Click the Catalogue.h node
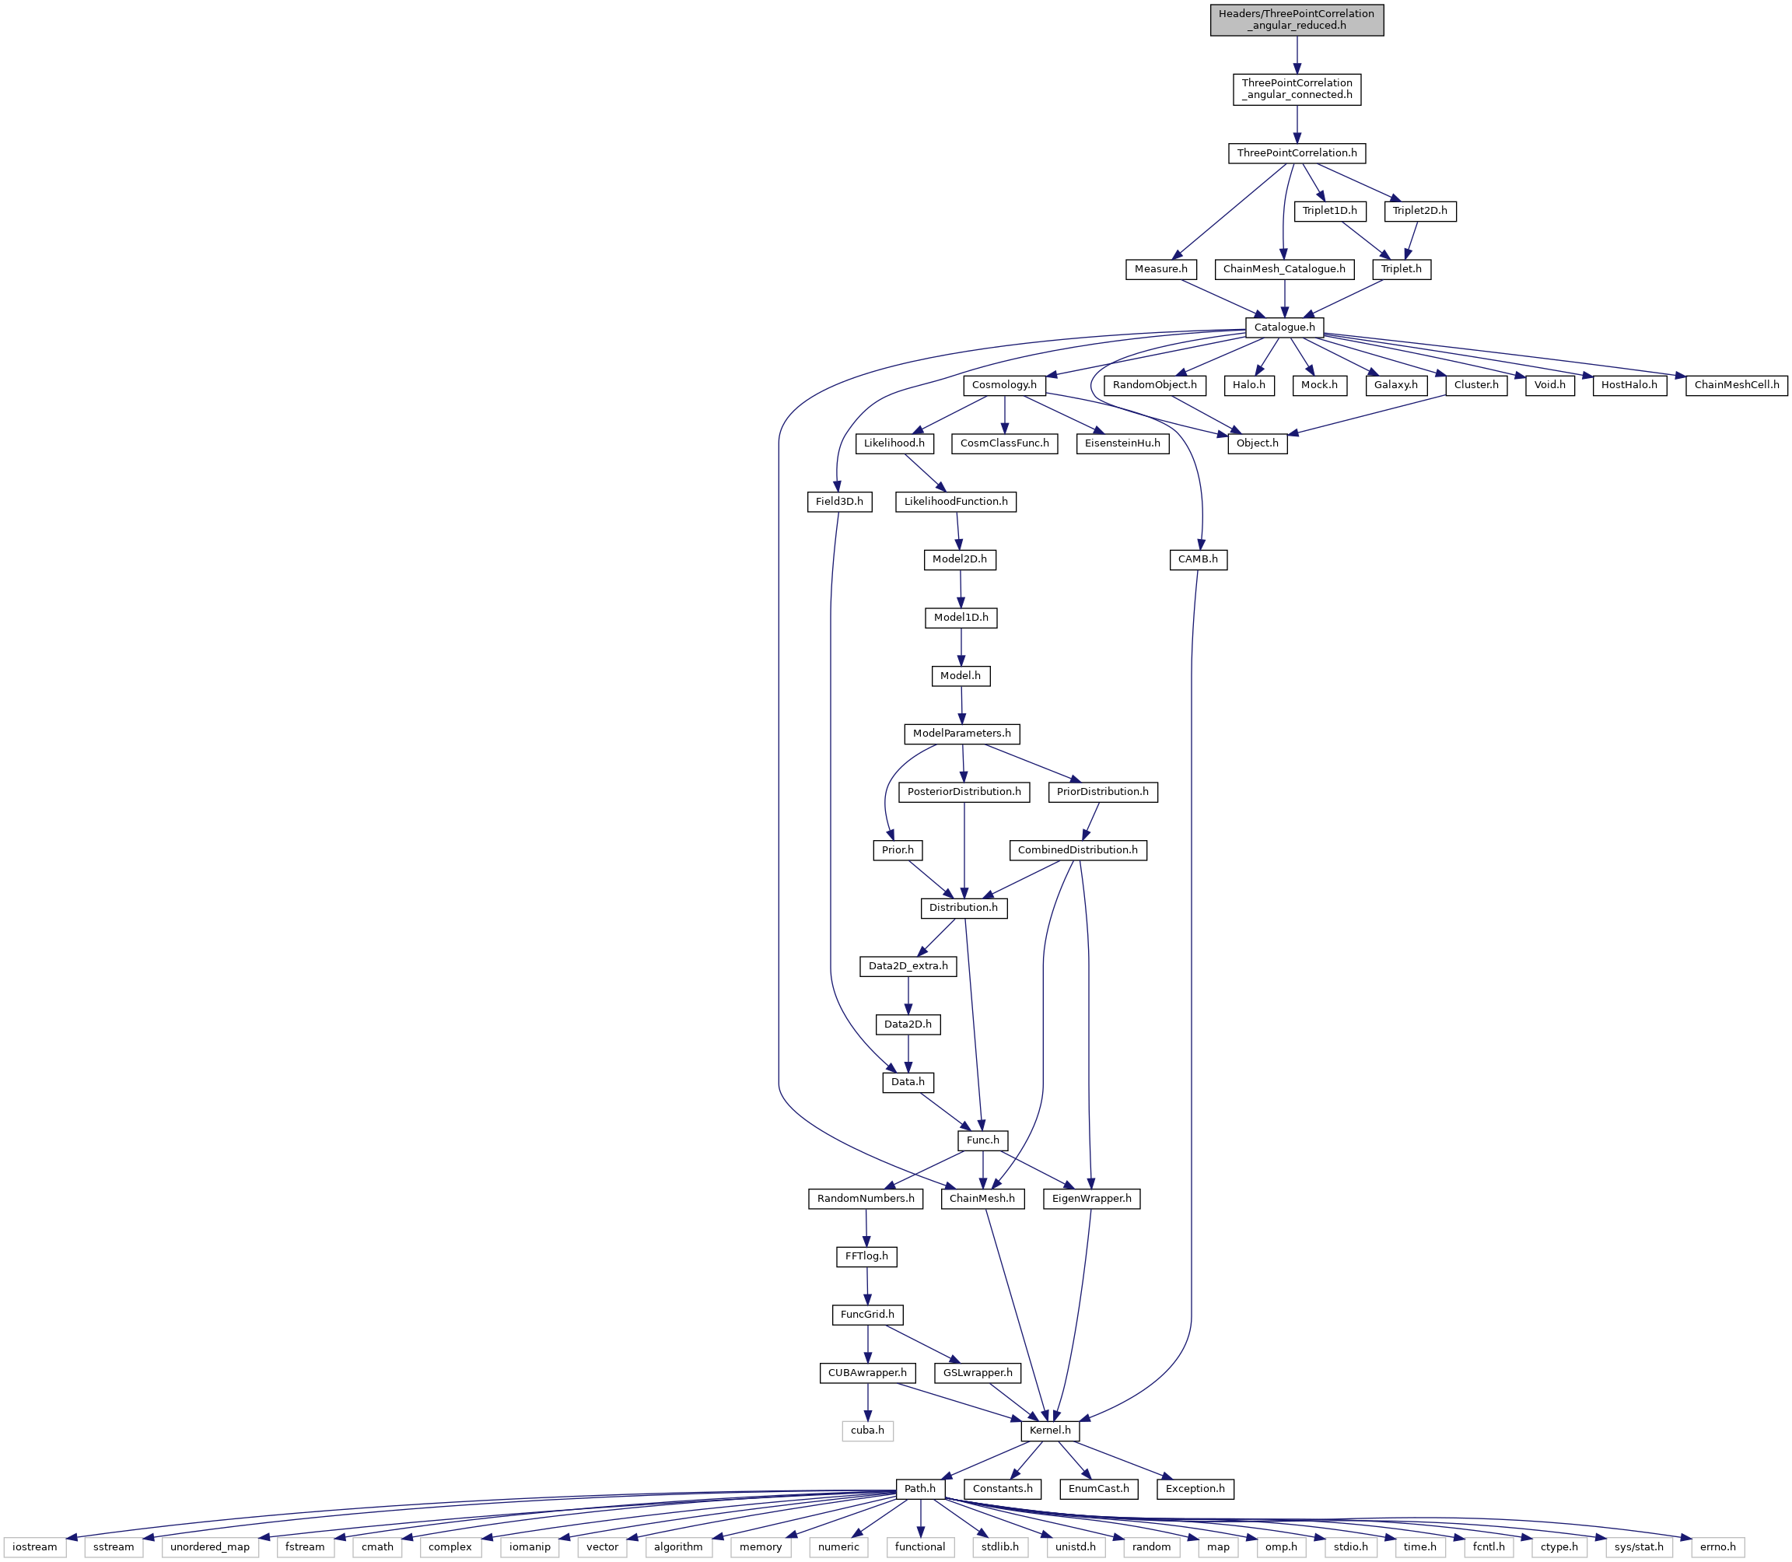[x=1285, y=327]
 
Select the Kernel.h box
[x=1049, y=1431]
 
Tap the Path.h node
[x=919, y=1489]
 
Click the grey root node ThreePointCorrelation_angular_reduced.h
[x=1296, y=19]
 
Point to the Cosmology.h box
[x=1004, y=385]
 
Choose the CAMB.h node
[x=1198, y=559]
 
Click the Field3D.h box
[x=839, y=501]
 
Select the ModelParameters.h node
[x=961, y=734]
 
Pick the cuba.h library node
[x=867, y=1431]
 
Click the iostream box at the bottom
[x=35, y=1547]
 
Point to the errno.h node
[x=1717, y=1547]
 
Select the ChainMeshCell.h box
[x=1736, y=385]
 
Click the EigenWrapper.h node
[x=1091, y=1199]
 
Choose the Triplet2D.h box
[x=1419, y=211]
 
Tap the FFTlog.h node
[x=866, y=1257]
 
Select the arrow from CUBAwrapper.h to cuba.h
[x=867, y=1403]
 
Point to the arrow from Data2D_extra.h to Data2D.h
[x=908, y=996]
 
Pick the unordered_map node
[x=210, y=1547]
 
